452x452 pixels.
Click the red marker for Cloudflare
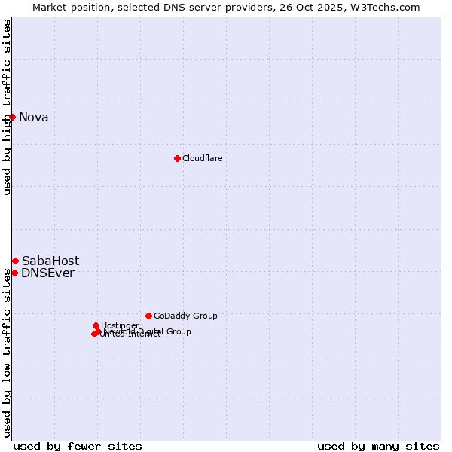(x=177, y=158)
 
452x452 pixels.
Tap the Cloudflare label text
(x=202, y=158)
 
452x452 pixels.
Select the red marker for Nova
(x=12, y=117)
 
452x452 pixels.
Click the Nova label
(x=33, y=117)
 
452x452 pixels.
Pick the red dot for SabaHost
(x=15, y=261)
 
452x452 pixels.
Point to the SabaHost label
(x=50, y=261)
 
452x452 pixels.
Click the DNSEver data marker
(x=14, y=273)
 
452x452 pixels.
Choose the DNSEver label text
(x=47, y=273)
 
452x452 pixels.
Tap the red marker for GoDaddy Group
(x=148, y=316)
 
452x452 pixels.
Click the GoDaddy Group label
(x=185, y=316)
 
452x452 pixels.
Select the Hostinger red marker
(x=96, y=325)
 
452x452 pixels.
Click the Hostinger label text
(x=120, y=325)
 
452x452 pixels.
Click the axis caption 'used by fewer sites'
(x=78, y=446)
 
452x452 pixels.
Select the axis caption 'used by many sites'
(x=378, y=446)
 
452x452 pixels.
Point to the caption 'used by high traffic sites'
(x=8, y=107)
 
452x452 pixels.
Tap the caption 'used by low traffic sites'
(x=8, y=352)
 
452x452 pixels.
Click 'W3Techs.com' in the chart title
(x=389, y=7)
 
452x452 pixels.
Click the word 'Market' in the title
(x=50, y=7)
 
